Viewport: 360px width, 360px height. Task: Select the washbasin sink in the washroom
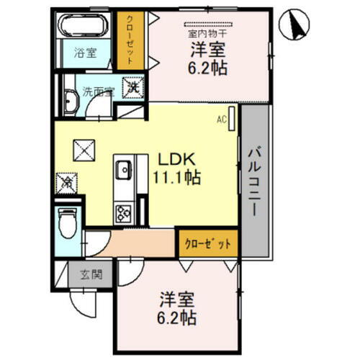(71, 100)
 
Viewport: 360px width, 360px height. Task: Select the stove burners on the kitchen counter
(121, 211)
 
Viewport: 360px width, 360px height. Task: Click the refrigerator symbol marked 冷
(66, 181)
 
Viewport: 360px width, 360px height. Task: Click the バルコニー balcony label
(254, 181)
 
